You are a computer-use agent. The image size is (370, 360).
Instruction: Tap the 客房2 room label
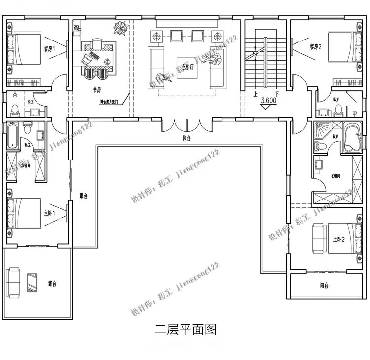[x=316, y=47]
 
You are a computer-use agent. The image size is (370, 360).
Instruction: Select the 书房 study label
[x=97, y=90]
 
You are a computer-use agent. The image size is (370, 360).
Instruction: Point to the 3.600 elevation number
[x=269, y=101]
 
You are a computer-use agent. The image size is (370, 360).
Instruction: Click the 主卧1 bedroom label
[x=49, y=213]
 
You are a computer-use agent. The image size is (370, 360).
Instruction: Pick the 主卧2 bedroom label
[x=338, y=239]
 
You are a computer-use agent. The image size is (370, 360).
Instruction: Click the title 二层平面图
[x=185, y=329]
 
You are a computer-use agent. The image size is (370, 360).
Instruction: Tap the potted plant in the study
[x=120, y=28]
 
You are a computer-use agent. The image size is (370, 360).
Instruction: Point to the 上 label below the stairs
[x=255, y=93]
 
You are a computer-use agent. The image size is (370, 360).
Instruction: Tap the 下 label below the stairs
[x=277, y=93]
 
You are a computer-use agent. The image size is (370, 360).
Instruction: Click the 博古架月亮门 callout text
[x=111, y=104]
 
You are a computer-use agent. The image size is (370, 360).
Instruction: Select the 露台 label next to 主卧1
[x=83, y=196]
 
